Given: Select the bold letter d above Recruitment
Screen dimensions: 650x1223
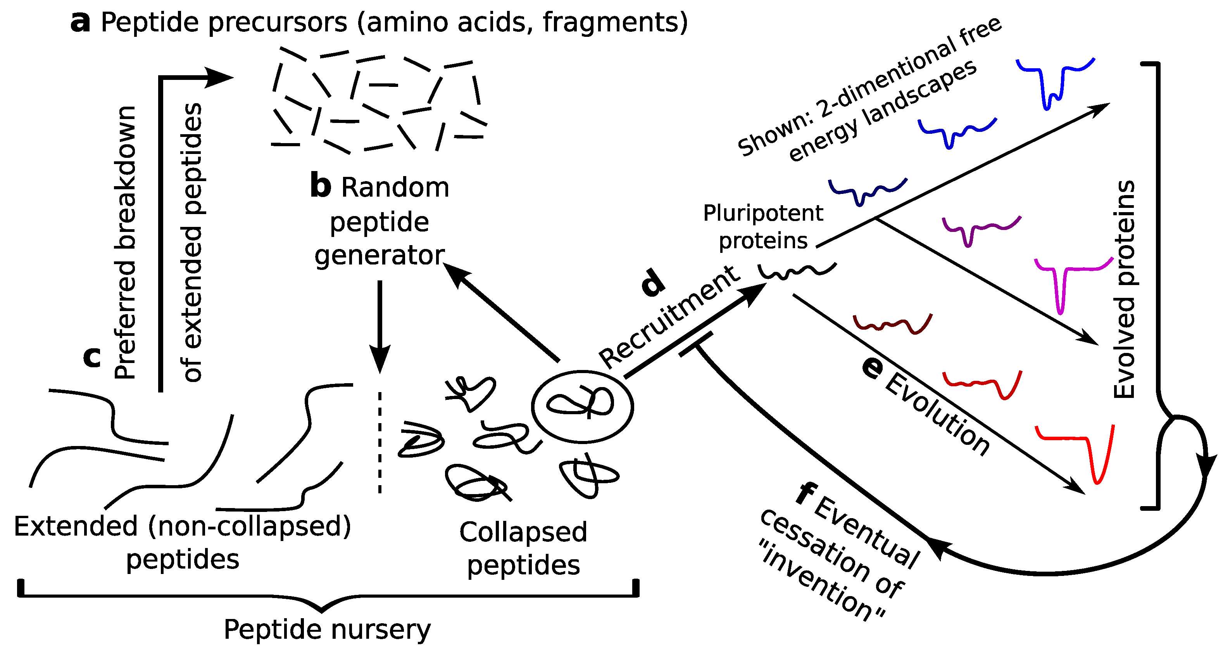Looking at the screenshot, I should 653,283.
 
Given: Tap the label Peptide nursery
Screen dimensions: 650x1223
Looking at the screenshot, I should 327,629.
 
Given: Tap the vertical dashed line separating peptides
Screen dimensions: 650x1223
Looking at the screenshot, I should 379,442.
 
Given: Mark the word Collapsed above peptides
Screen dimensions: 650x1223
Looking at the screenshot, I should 523,532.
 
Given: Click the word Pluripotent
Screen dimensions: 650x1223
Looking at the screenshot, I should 762,213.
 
